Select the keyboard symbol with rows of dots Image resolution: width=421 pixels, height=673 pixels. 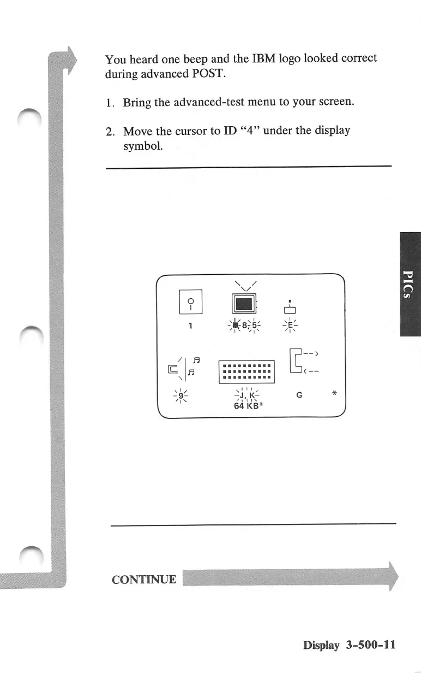[247, 372]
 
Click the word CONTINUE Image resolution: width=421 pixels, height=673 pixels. [144, 580]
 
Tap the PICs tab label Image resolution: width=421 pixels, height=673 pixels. [410, 284]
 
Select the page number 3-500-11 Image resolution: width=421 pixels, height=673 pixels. [370, 645]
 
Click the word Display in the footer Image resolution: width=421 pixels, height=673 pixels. [322, 645]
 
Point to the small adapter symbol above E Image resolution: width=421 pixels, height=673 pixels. [291, 310]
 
